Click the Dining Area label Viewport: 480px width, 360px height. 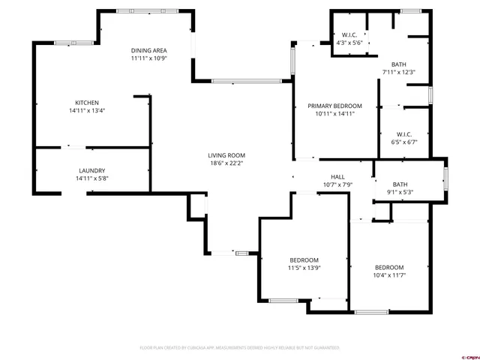148,49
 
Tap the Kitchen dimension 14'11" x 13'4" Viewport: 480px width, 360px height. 86,111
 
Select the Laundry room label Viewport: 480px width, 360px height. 91,170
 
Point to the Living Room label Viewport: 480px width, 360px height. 226,155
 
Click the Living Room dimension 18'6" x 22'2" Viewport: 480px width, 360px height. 226,163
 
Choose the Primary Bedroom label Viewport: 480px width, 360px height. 334,106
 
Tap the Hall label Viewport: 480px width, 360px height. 337,177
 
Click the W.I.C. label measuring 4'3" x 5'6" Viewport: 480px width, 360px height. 349,34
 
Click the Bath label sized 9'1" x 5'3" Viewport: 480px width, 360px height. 400,184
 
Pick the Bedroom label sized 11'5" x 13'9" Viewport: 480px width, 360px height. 304,260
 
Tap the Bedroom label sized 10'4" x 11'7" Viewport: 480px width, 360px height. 389,268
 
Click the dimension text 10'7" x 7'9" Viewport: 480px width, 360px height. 337,184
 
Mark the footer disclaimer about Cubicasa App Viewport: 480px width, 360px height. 240,348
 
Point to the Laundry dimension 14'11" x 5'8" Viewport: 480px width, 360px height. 91,178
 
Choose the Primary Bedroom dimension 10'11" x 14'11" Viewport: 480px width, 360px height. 334,114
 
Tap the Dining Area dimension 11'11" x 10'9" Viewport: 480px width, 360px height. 148,58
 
